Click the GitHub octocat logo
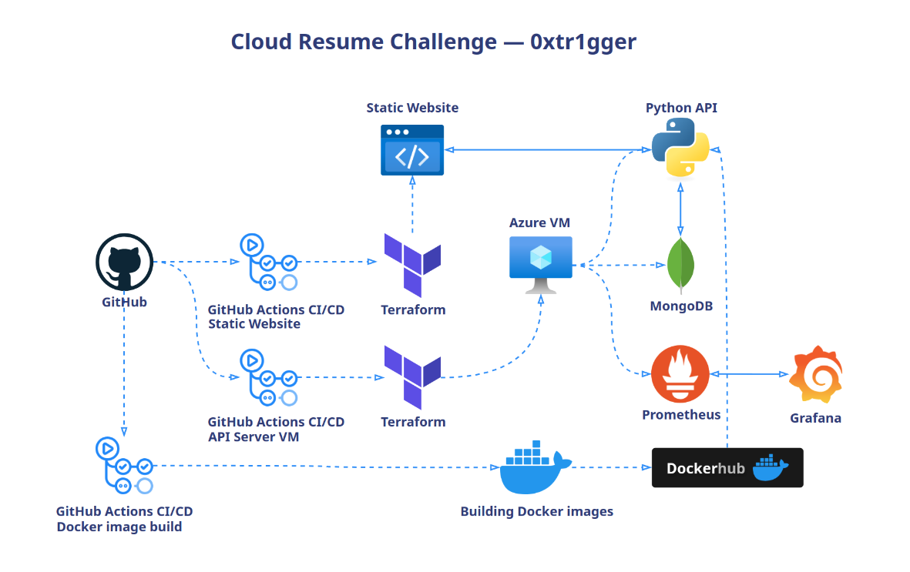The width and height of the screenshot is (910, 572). pos(124,263)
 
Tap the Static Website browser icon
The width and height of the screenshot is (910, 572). pos(412,150)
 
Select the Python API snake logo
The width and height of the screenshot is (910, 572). pos(680,149)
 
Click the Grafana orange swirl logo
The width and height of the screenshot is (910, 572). pos(816,375)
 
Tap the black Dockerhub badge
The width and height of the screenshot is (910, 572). pos(727,467)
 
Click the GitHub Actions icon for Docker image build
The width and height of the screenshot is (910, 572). pos(123,467)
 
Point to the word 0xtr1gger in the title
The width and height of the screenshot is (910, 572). pos(583,42)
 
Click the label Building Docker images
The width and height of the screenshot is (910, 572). pos(536,511)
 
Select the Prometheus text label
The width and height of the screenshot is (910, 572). pos(681,415)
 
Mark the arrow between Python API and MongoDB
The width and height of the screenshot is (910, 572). pos(680,209)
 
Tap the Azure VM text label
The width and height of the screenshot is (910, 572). pos(540,223)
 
